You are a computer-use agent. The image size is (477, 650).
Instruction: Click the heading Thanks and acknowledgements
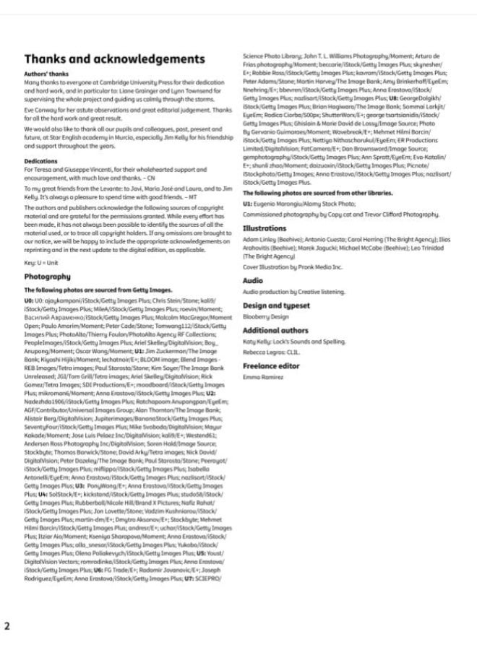point(115,58)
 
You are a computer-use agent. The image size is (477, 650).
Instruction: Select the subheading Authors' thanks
point(46,74)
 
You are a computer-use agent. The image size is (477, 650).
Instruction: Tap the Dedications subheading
point(40,161)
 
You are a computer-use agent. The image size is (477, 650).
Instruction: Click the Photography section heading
point(48,277)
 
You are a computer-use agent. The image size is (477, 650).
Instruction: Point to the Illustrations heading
point(265,228)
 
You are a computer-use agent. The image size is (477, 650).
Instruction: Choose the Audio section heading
point(253,279)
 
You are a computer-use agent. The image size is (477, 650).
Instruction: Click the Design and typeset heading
point(277,305)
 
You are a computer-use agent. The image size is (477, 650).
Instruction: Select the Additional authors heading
point(275,330)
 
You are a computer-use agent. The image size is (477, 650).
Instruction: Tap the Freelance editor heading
point(272,365)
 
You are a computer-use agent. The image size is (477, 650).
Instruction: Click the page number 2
point(7,625)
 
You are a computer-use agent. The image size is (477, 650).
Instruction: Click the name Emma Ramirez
point(262,377)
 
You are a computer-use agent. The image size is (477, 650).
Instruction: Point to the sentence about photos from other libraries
point(317,194)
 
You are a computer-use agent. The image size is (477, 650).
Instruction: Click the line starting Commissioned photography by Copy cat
point(340,215)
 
